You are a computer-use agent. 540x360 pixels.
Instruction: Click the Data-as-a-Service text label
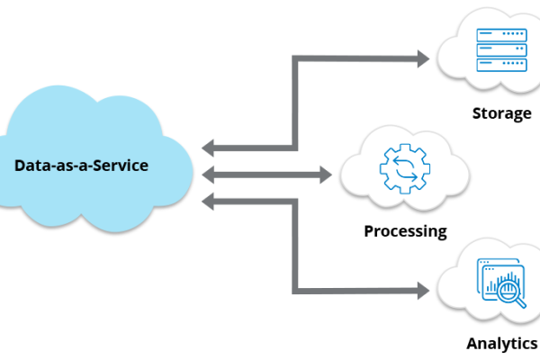click(81, 166)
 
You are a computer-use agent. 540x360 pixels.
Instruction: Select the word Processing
click(405, 231)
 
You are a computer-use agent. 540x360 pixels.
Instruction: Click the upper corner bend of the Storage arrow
click(295, 59)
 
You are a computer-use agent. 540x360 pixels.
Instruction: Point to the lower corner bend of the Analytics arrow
click(295, 290)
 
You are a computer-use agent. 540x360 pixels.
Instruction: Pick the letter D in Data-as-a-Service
click(20, 166)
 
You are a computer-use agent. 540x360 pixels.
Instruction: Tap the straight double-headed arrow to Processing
click(270, 174)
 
